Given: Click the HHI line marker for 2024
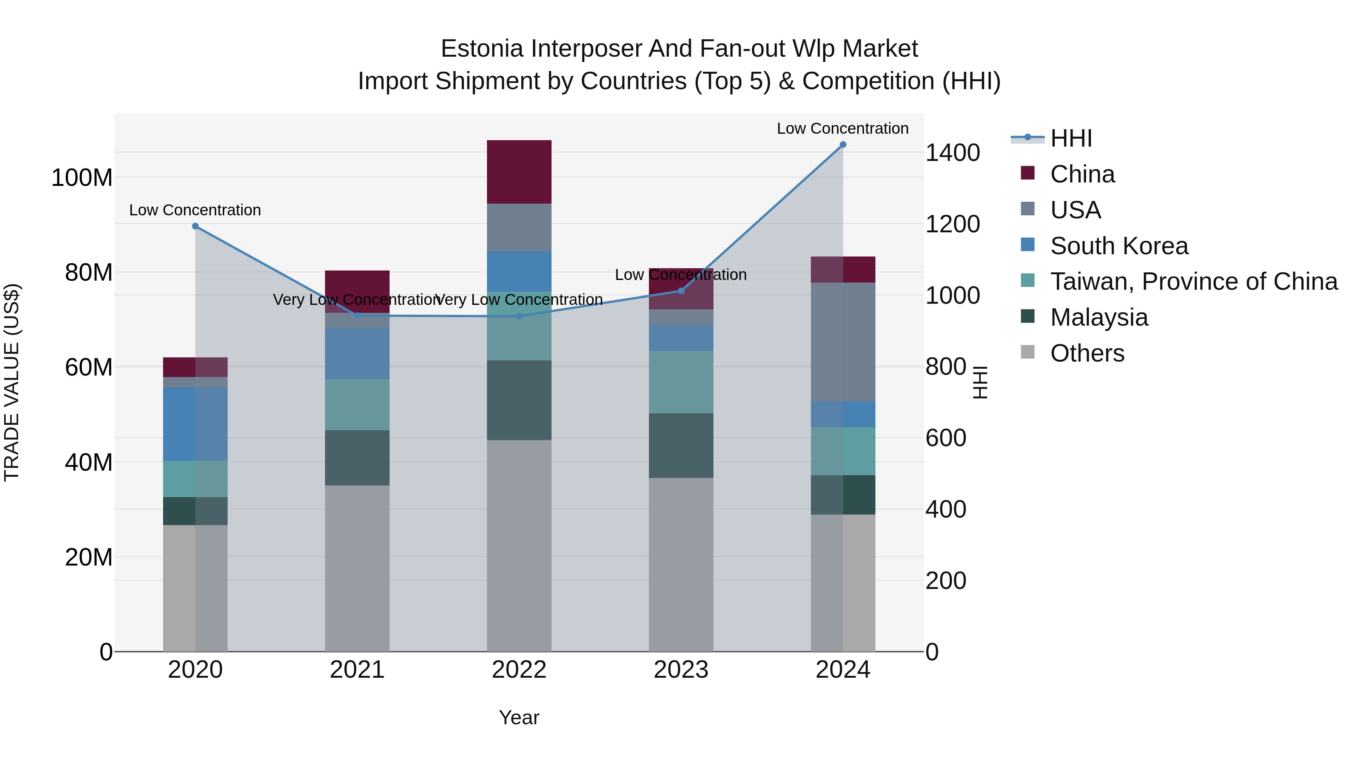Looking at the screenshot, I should coord(843,145).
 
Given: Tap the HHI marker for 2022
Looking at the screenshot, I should coord(519,316).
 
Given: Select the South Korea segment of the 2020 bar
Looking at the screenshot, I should coord(195,424).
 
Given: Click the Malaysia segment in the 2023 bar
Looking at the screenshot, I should coord(681,446).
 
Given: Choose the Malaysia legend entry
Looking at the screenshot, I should coord(1099,317).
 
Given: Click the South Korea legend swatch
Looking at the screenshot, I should coord(1028,245).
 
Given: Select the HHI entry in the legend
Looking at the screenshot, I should coord(1071,138).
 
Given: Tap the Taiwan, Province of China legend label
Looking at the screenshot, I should coord(1193,281).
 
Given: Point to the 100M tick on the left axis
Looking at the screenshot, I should coord(82,178).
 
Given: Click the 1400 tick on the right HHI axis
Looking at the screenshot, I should coord(952,153).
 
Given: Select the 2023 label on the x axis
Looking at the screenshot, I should coord(681,670).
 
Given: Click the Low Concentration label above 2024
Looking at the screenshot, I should coord(843,128).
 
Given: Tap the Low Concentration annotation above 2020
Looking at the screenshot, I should coord(195,210).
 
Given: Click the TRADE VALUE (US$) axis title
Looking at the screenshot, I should coord(12,382).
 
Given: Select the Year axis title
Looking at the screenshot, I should coord(519,717).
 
